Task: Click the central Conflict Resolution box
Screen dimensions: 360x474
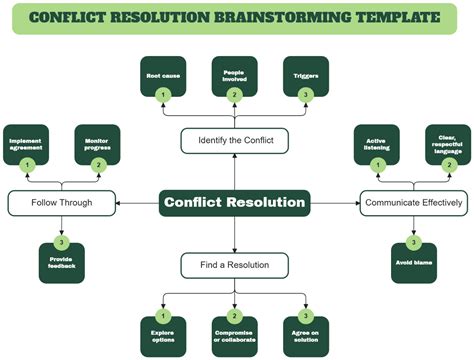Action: [234, 202]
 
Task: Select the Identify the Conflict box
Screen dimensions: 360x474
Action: [234, 141]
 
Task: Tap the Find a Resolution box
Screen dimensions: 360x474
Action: [234, 264]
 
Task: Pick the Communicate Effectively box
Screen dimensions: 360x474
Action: [412, 202]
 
